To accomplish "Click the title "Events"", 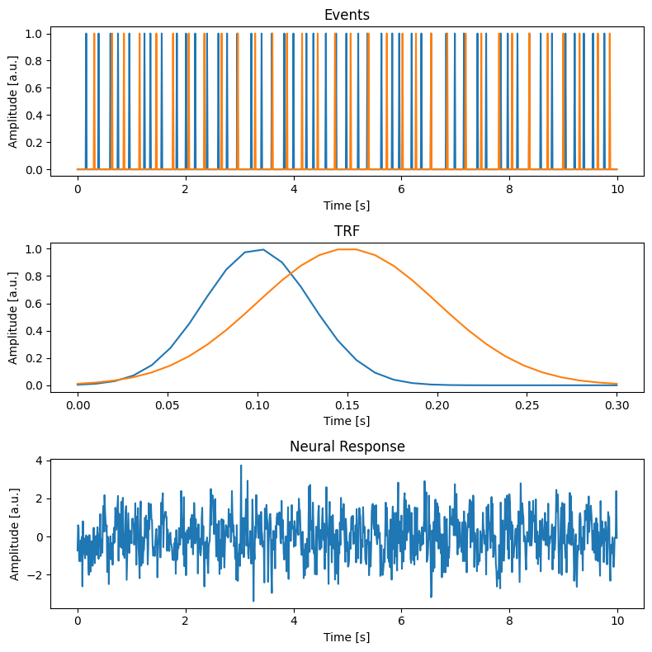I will click(347, 14).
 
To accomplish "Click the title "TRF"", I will click(347, 231).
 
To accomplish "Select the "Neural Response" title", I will click(347, 447).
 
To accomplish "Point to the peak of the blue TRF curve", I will click(262, 249).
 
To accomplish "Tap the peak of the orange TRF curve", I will click(347, 249).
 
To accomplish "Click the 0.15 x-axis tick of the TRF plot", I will click(347, 406).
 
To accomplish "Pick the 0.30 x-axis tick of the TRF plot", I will click(617, 406).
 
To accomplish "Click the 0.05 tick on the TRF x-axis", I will click(168, 406).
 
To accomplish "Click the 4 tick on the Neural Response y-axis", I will click(40, 461).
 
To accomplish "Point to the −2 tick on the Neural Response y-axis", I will click(36, 574).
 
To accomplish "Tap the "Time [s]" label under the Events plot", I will click(347, 204).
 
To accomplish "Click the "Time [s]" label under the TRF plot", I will click(347, 421).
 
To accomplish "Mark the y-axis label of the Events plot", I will click(13, 100).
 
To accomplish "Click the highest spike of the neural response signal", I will click(241, 465).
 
